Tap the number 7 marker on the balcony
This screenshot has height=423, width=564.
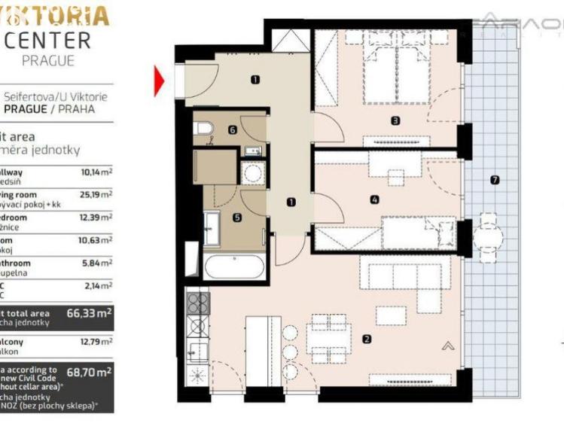(494, 180)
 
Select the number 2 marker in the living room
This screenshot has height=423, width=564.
(367, 339)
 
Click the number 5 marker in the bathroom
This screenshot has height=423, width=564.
(237, 218)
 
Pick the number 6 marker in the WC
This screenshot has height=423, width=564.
(233, 130)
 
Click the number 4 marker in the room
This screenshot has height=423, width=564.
(374, 199)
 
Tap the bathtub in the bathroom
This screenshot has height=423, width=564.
(233, 267)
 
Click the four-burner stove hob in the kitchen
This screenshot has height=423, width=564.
(197, 303)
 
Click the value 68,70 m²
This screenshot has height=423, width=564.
(89, 372)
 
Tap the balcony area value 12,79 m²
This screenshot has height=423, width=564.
(96, 342)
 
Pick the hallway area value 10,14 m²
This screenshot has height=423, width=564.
(96, 172)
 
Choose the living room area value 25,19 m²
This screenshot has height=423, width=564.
(96, 194)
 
